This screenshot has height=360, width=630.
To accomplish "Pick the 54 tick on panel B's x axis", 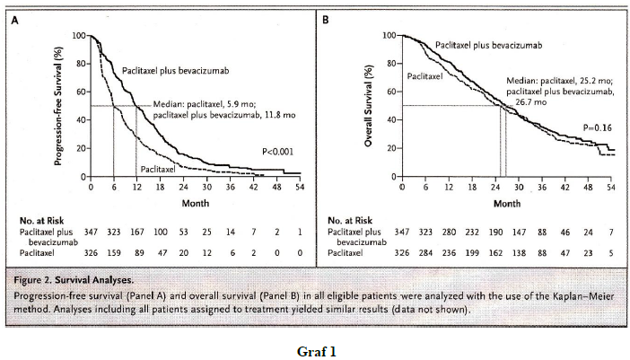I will coord(611,189).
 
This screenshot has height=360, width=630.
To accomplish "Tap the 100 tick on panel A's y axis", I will coord(78,35).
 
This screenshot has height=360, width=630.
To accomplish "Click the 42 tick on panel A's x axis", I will coord(253,189).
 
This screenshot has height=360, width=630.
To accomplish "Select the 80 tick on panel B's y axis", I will coord(389,63).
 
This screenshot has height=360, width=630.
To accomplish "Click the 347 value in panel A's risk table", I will coord(91,233).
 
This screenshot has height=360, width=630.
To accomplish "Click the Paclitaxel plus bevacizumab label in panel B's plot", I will coord(477,44).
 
